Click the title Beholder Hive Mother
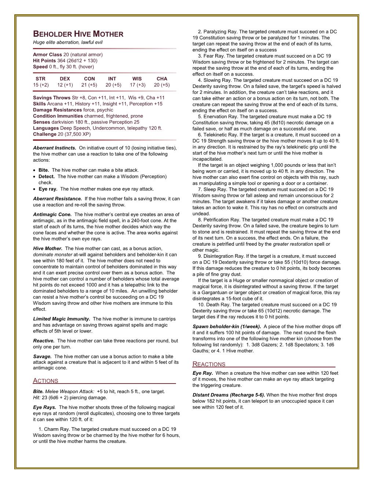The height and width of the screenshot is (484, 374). pyautogui.click(x=78, y=34)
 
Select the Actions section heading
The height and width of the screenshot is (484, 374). pyautogui.click(x=45, y=381)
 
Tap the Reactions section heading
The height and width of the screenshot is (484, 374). pyautogui.click(x=209, y=364)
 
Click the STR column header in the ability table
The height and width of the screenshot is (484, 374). pyautogui.click(x=40, y=79)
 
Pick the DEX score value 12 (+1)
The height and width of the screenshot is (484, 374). pyautogui.click(x=65, y=85)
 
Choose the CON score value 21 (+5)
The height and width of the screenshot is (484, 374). pyautogui.click(x=89, y=85)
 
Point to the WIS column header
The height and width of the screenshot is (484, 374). pyautogui.click(x=137, y=79)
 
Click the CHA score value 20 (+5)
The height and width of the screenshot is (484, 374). pyautogui.click(x=162, y=85)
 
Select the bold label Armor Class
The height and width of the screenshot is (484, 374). pyautogui.click(x=47, y=55)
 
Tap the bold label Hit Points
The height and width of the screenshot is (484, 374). pyautogui.click(x=44, y=60)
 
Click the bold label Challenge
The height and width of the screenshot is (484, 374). pyautogui.click(x=45, y=134)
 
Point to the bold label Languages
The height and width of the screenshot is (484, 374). pyautogui.click(x=46, y=128)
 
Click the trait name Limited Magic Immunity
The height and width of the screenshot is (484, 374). pyautogui.click(x=62, y=319)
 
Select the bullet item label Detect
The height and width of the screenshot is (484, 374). pyautogui.click(x=47, y=176)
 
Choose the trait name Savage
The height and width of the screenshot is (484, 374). pyautogui.click(x=42, y=356)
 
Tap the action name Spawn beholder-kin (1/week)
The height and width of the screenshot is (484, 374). pyautogui.click(x=227, y=326)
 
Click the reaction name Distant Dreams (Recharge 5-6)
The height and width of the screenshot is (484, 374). pyautogui.click(x=229, y=395)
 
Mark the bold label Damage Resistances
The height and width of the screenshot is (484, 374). pyautogui.click(x=57, y=110)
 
